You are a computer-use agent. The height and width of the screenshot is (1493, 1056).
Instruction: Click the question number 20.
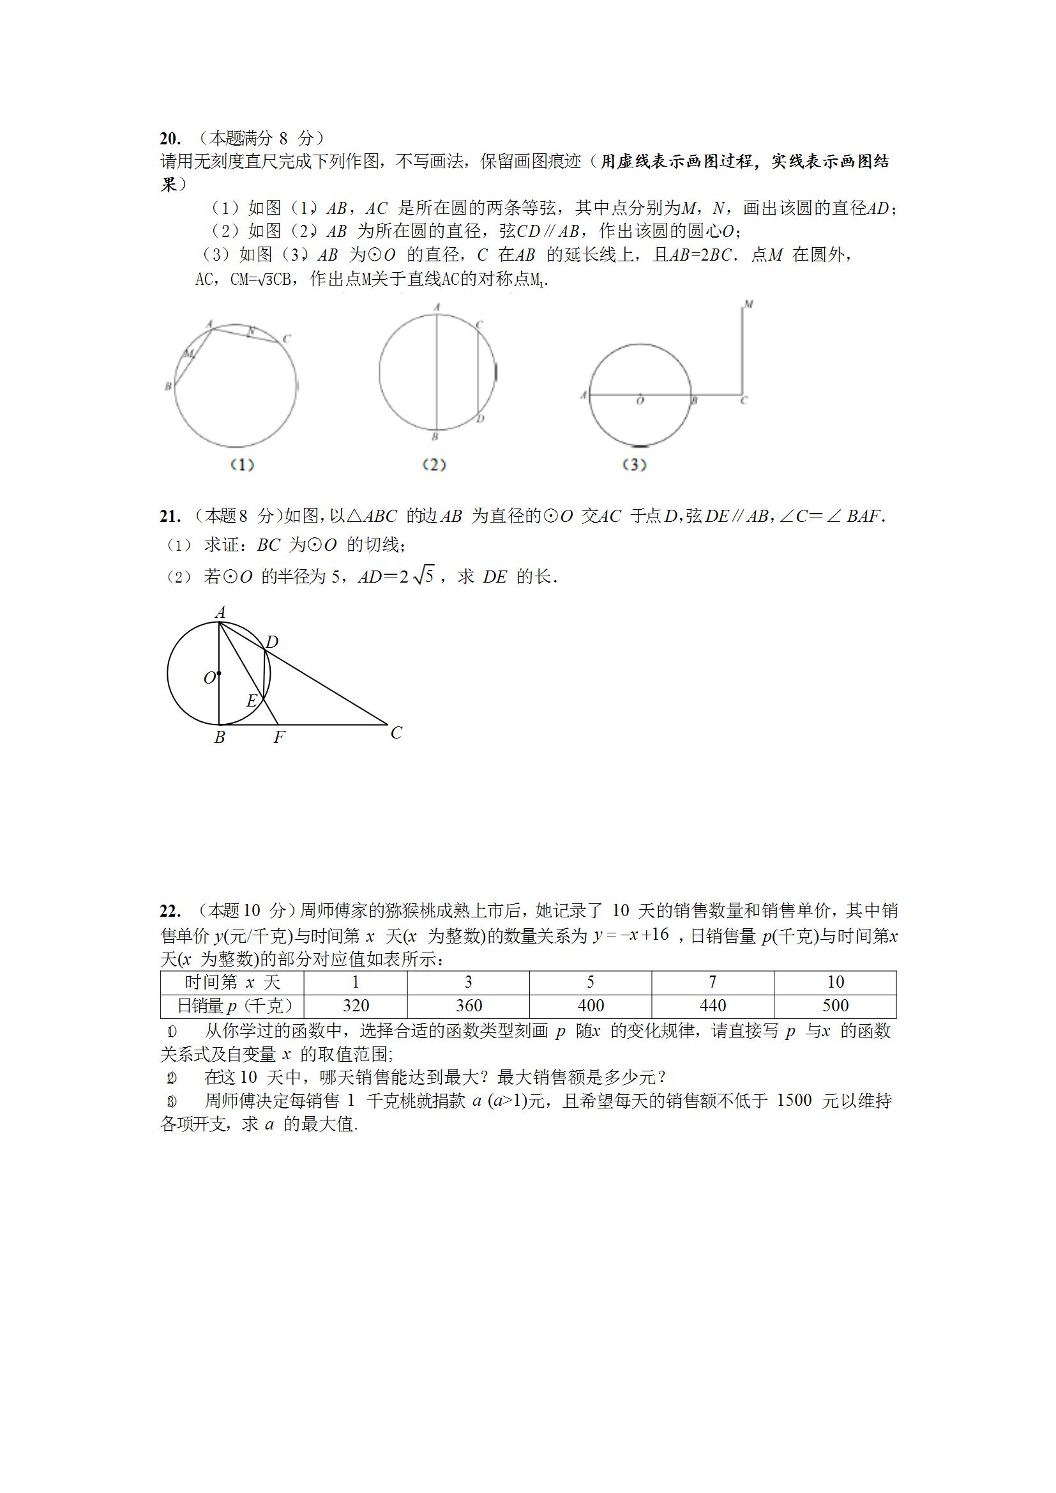pyautogui.click(x=170, y=139)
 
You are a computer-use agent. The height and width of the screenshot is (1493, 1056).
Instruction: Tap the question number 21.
pyautogui.click(x=170, y=517)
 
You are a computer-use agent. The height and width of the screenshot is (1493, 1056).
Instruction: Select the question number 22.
pyautogui.click(x=170, y=911)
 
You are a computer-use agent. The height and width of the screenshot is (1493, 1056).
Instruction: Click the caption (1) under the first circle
pyautogui.click(x=242, y=465)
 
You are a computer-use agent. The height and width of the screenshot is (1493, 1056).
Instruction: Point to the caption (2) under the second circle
pyautogui.click(x=434, y=465)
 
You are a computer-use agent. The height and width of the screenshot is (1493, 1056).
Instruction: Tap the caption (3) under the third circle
pyautogui.click(x=634, y=465)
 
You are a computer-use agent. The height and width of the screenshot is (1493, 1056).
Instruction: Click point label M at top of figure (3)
pyautogui.click(x=748, y=305)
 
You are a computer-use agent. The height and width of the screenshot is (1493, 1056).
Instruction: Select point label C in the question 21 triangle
pyautogui.click(x=396, y=733)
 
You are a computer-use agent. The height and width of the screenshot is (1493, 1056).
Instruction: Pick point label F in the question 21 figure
pyautogui.click(x=279, y=738)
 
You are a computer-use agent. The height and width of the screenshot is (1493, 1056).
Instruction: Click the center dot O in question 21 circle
pyautogui.click(x=219, y=674)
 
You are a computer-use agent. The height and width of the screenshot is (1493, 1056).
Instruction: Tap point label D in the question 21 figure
pyautogui.click(x=272, y=642)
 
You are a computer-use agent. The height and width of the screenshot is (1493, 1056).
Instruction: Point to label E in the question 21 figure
pyautogui.click(x=252, y=701)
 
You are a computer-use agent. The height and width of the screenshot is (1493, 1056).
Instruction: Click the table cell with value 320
pyautogui.click(x=356, y=1006)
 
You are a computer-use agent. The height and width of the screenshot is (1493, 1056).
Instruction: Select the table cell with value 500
pyautogui.click(x=835, y=1006)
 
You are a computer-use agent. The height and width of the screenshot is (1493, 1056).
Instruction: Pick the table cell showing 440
pyautogui.click(x=713, y=1006)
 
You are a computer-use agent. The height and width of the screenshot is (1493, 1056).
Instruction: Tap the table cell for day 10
pyautogui.click(x=835, y=982)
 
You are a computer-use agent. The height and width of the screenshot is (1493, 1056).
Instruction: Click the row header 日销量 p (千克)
pyautogui.click(x=232, y=1006)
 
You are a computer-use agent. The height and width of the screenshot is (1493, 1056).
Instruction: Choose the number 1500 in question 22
pyautogui.click(x=794, y=1100)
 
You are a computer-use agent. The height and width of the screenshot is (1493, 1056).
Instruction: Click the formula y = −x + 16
pyautogui.click(x=630, y=935)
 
